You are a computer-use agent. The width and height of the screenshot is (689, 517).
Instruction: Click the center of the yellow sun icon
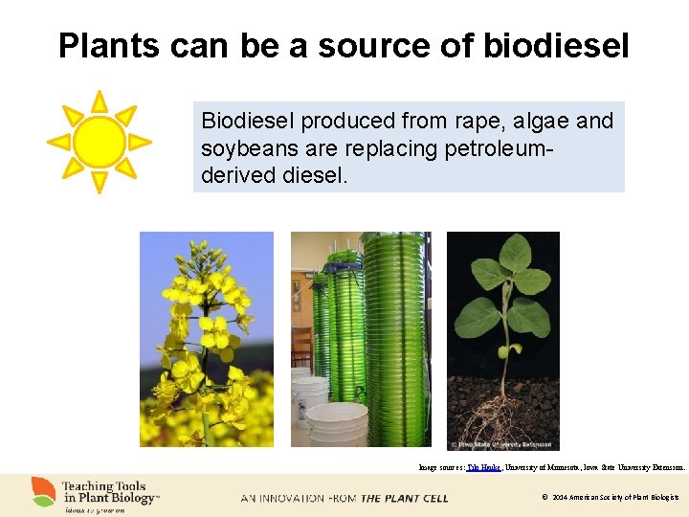pos(99,142)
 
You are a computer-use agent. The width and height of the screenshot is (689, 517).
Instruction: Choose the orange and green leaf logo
pos(43,492)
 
